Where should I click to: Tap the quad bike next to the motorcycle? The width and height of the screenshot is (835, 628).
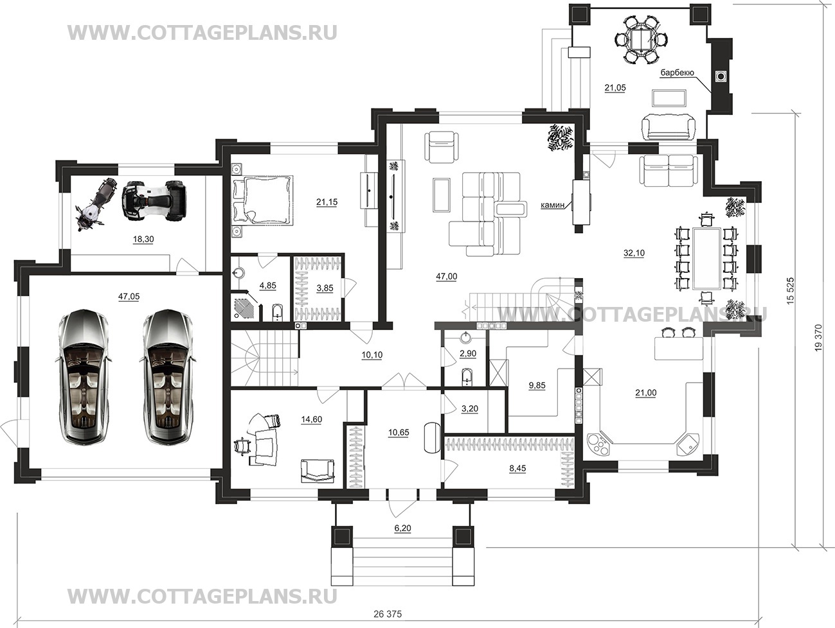[x=154, y=200]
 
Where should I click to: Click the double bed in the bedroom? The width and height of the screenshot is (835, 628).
[x=263, y=200]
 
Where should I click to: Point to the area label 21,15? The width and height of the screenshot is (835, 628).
[x=327, y=202]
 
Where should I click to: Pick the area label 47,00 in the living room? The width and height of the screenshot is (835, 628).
[x=447, y=277]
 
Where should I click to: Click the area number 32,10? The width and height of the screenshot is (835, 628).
[x=634, y=253]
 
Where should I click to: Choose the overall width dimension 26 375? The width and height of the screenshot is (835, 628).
[x=387, y=614]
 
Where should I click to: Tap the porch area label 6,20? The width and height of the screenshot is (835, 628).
[x=403, y=528]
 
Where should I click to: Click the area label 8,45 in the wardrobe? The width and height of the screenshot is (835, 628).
[x=517, y=469]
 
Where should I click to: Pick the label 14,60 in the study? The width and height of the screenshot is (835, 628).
[x=312, y=419]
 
